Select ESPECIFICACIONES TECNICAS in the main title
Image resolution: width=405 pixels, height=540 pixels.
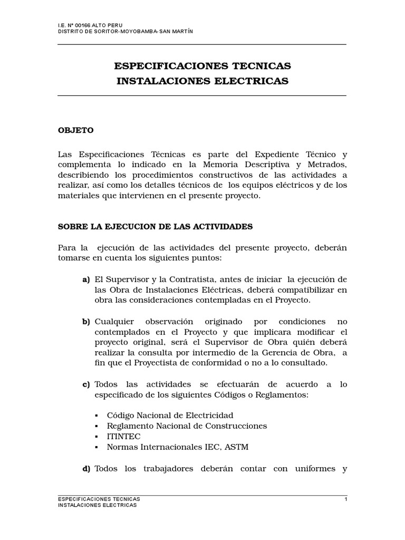[202, 66]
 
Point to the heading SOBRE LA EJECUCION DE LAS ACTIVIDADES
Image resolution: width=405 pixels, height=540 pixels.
[155, 227]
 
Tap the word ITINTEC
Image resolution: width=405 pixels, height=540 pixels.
[123, 437]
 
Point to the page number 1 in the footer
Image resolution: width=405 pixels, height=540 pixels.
[345, 498]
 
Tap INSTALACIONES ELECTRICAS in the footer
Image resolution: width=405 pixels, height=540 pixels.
[98, 505]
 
